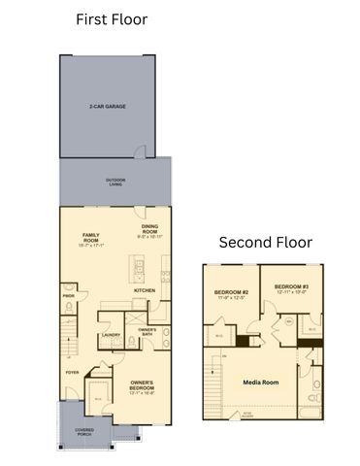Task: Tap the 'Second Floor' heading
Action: coord(265,242)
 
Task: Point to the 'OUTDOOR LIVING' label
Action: coord(115,182)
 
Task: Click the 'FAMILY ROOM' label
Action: coord(91,238)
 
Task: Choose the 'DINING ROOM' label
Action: coord(149,231)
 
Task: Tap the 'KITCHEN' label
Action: coord(146,290)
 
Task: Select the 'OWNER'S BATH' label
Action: coord(147,333)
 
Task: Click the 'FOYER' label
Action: coord(72,372)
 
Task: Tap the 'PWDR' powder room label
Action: coord(69,296)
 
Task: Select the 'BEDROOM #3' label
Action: coord(291,288)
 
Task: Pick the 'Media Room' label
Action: coord(260,383)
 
